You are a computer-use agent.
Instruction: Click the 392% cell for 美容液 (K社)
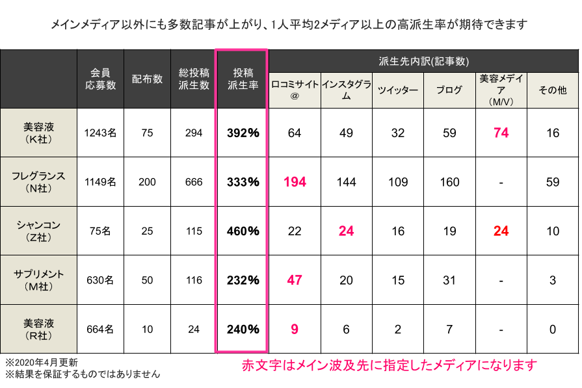coord(243,133)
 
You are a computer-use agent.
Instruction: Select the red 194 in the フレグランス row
coord(295,182)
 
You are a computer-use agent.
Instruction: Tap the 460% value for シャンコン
coord(243,231)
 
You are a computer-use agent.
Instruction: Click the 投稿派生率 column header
coord(241,79)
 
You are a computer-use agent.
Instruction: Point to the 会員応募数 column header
coord(100,79)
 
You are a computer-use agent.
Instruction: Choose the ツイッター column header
coord(397,90)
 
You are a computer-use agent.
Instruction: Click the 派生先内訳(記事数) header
coord(423,61)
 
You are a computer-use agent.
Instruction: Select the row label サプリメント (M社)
coord(38,280)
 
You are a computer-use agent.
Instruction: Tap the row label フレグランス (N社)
coord(38,182)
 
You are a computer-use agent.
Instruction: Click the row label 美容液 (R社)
coord(38,329)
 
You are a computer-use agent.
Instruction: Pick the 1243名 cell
coord(100,133)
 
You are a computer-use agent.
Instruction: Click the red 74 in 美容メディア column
coord(501,133)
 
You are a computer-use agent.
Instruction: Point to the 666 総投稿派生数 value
coord(194,182)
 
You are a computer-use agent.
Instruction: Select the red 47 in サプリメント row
coord(295,280)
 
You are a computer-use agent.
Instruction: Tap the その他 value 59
coord(553,182)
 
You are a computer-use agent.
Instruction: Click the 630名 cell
coord(100,280)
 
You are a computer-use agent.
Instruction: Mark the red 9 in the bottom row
coord(295,330)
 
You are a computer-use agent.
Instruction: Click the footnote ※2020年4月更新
coord(42,361)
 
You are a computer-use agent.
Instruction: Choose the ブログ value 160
coord(449,182)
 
